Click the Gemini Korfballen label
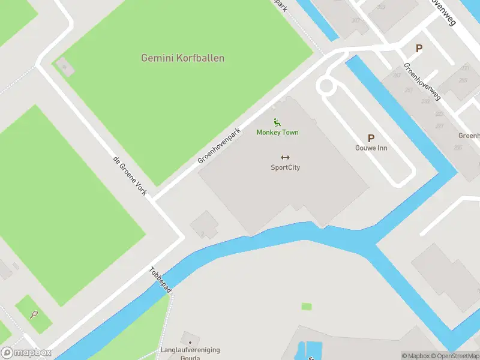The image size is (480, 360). (x=182, y=58)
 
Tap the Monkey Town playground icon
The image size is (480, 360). (x=277, y=122)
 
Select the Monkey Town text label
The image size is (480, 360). (x=277, y=133)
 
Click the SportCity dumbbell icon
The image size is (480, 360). (x=285, y=158)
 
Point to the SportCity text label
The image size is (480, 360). (x=285, y=168)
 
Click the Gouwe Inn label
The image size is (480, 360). (x=370, y=148)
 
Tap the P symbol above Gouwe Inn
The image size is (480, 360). (x=370, y=138)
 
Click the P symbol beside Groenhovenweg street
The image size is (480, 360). (x=419, y=49)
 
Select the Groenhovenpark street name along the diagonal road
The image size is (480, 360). (x=220, y=146)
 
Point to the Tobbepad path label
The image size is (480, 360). (x=161, y=280)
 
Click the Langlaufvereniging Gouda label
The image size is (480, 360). (x=190, y=353)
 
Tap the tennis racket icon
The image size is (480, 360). (x=34, y=314)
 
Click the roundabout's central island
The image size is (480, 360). (x=326, y=86)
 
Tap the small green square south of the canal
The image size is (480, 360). (x=307, y=307)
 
